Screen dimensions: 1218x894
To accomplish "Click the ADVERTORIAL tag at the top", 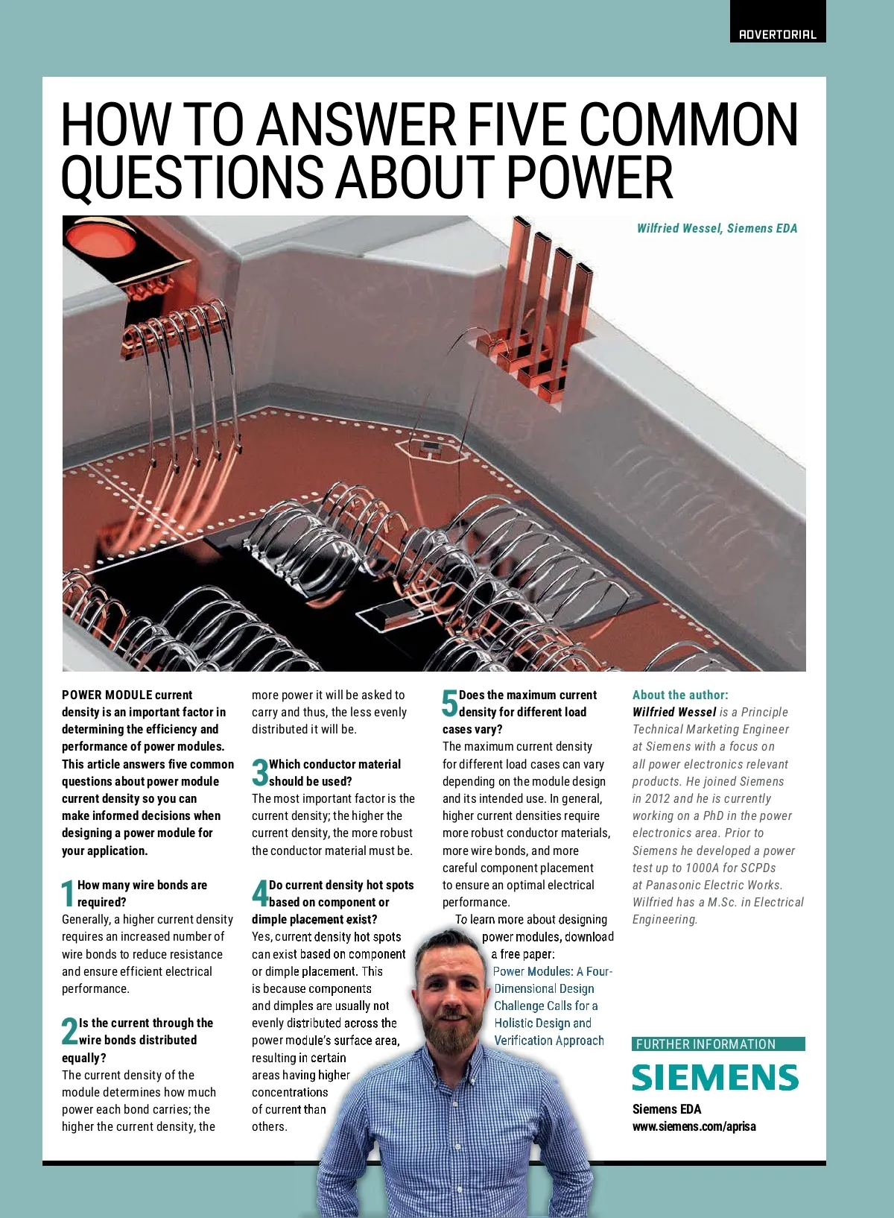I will pyautogui.click(x=777, y=34).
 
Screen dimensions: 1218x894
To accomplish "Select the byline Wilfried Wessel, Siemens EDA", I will pyautogui.click(x=717, y=228).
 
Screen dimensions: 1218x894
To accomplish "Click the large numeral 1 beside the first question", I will pyautogui.click(x=68, y=894).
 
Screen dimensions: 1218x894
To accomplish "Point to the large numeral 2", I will pyautogui.click(x=69, y=1032).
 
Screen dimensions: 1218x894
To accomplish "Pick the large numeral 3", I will pyautogui.click(x=259, y=773).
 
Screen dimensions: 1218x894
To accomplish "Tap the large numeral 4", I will pyautogui.click(x=259, y=894).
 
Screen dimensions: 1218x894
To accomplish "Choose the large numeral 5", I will pyautogui.click(x=449, y=703).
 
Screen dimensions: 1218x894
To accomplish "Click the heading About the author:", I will pyautogui.click(x=680, y=695).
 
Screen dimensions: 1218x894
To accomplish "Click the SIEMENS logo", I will pyautogui.click(x=715, y=1078).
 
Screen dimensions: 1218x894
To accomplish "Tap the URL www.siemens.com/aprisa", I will pyautogui.click(x=694, y=1126).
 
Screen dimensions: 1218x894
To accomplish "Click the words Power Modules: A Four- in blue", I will pyautogui.click(x=552, y=971).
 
